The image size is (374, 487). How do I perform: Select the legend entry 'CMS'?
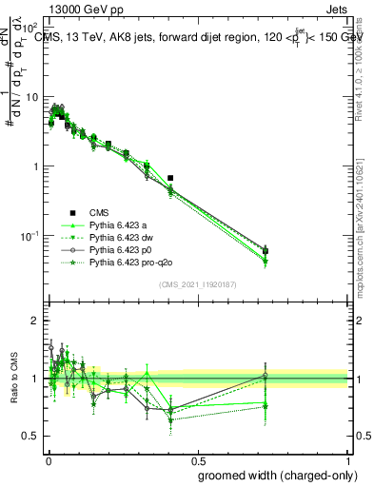[x=100, y=212]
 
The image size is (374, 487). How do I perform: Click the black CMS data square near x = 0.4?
[x=170, y=178]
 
